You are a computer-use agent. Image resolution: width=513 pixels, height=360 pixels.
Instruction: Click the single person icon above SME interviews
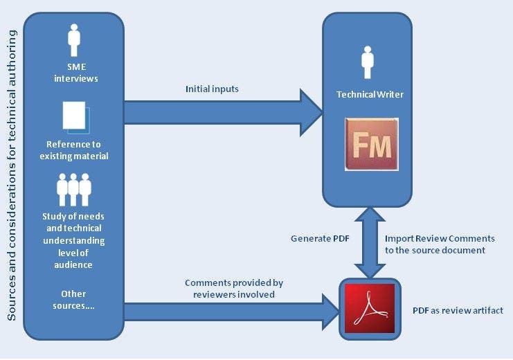tap(74, 41)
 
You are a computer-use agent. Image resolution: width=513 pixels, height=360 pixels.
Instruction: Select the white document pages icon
tap(75, 116)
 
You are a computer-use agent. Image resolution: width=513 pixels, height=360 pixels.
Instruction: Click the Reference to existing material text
tap(73, 150)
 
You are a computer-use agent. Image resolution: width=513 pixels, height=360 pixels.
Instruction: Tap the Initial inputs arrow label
tap(213, 89)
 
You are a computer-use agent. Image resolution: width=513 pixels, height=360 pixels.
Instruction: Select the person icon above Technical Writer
tap(368, 63)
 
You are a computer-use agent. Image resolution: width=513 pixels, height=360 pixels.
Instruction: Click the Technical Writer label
tap(370, 95)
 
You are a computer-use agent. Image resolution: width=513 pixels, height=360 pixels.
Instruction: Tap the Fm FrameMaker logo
tap(372, 145)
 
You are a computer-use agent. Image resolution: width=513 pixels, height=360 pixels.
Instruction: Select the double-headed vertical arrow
tap(366, 242)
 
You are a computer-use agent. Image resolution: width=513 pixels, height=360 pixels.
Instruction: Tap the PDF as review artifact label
tap(458, 311)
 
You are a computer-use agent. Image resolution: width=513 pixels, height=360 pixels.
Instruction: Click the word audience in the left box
tap(73, 264)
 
